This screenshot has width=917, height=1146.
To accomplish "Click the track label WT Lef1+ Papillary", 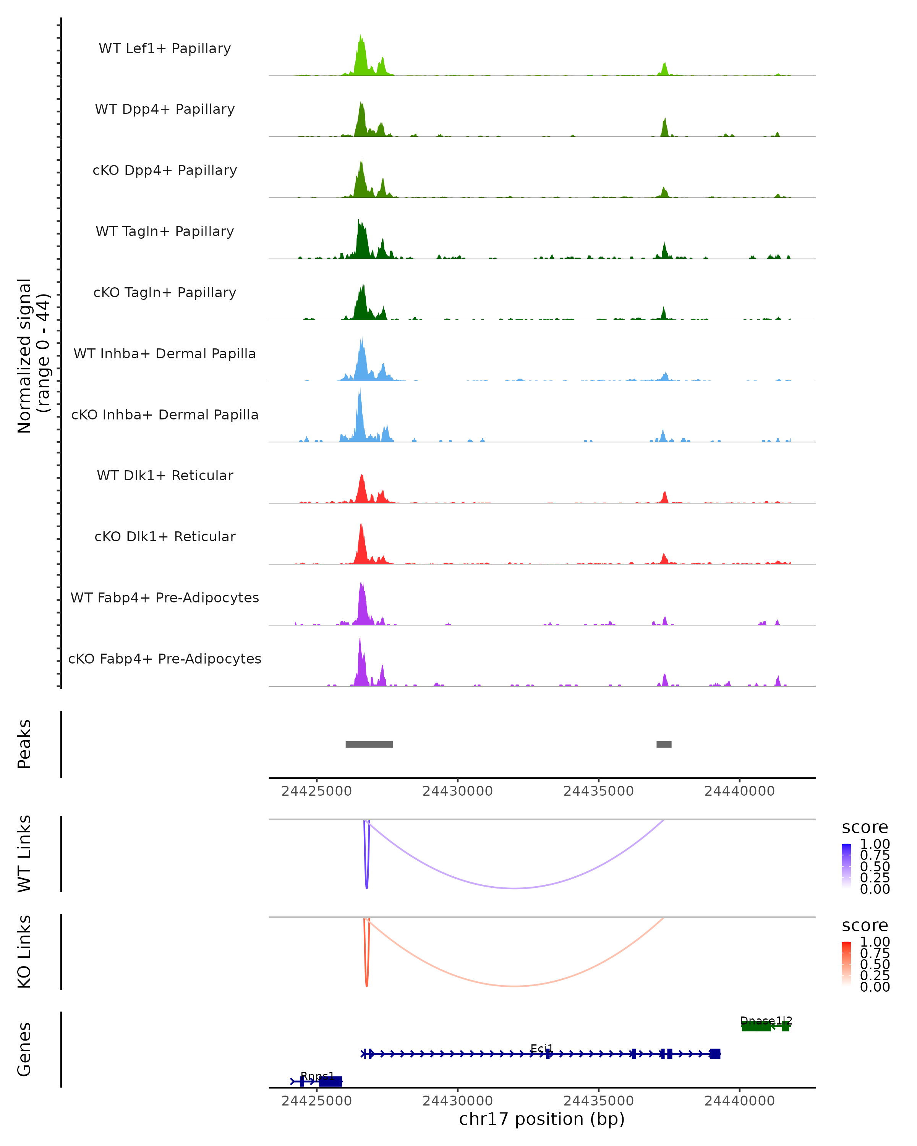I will click(x=165, y=49).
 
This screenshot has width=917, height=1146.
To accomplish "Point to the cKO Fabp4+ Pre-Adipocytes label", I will click(x=165, y=659).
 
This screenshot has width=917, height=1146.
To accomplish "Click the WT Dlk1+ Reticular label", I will click(x=165, y=475).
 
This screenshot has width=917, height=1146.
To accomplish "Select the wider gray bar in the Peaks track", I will click(x=369, y=744).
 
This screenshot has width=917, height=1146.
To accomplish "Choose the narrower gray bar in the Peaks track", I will click(x=664, y=744).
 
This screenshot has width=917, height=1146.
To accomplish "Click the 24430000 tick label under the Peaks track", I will click(x=458, y=792).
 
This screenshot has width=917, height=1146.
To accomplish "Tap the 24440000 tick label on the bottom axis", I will click(x=739, y=1101).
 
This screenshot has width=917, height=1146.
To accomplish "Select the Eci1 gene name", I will click(x=542, y=1048).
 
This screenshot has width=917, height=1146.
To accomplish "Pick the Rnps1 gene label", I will click(x=318, y=1076).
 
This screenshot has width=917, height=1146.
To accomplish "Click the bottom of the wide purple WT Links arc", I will click(x=515, y=888).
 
